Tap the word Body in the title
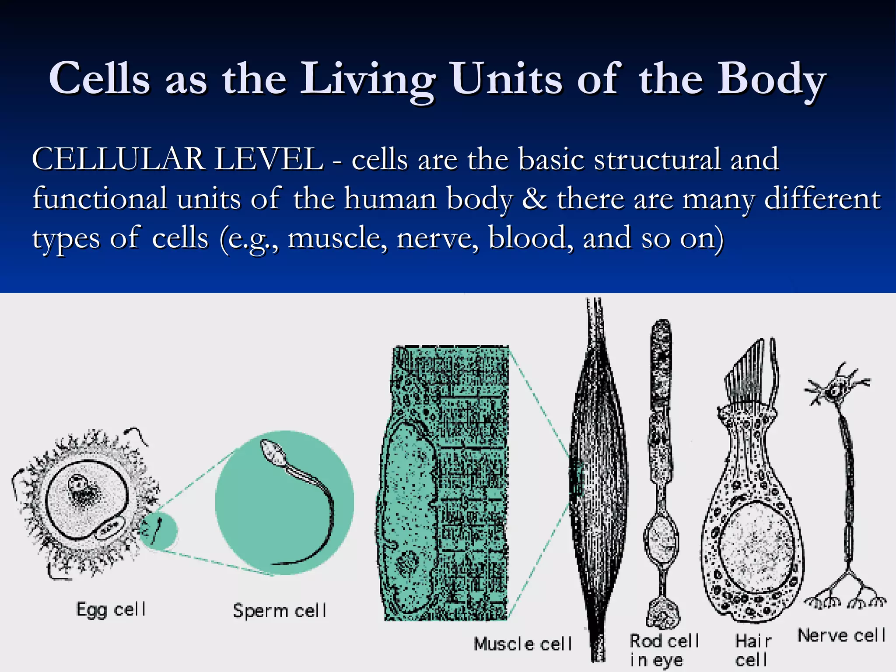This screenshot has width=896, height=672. (x=771, y=79)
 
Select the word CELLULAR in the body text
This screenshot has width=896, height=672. (x=118, y=158)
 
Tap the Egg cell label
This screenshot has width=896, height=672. (x=111, y=609)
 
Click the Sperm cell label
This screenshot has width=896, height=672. (x=280, y=610)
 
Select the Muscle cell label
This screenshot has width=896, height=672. (x=523, y=644)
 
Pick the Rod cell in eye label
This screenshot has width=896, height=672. (x=664, y=650)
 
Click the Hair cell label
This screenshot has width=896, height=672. (x=752, y=650)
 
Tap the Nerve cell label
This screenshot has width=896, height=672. (x=841, y=635)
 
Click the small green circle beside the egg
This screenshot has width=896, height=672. (x=158, y=531)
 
